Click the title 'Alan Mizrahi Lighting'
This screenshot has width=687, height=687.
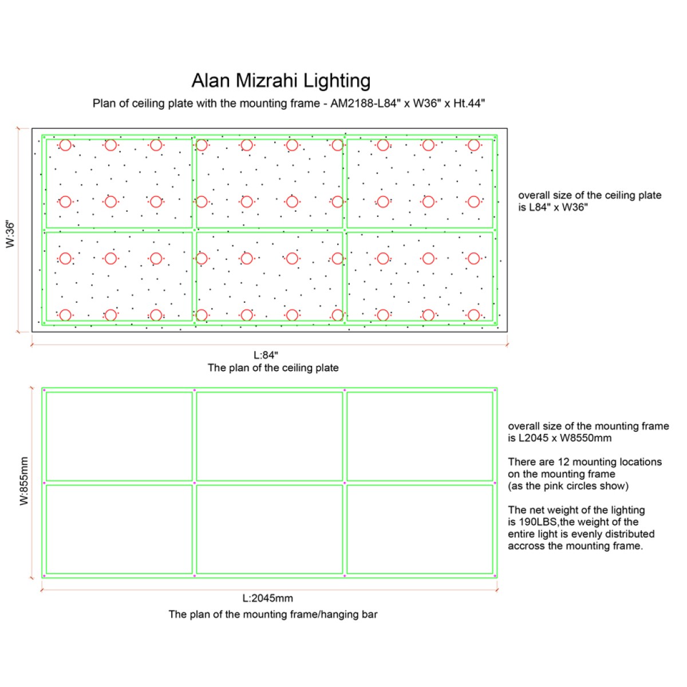(281, 81)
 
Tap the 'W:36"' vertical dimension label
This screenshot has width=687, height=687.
(10, 234)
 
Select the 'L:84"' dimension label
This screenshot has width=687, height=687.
(266, 355)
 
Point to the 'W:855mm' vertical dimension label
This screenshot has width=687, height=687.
(24, 481)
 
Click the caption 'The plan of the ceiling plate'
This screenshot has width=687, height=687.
(273, 368)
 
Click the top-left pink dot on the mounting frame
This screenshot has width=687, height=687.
(44, 390)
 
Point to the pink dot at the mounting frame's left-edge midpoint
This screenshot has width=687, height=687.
(44, 483)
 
